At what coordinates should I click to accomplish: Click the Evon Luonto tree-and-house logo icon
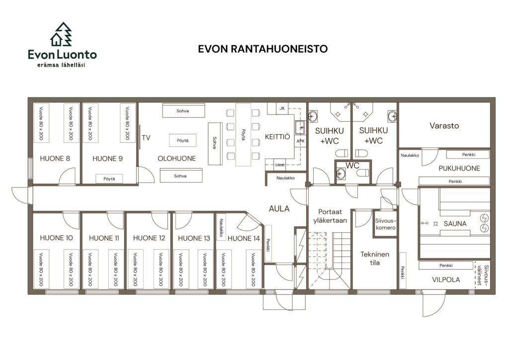pyautogui.click(x=61, y=34)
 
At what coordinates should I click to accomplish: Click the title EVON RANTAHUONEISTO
pyautogui.click(x=262, y=49)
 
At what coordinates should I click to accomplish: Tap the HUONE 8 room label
pyautogui.click(x=55, y=159)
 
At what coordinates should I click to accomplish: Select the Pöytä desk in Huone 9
pyautogui.click(x=109, y=179)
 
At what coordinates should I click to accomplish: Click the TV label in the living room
pyautogui.click(x=146, y=138)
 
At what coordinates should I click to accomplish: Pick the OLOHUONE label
pyautogui.click(x=176, y=159)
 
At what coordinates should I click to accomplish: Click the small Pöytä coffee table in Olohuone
pyautogui.click(x=182, y=141)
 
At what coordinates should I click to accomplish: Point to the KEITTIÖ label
pyautogui.click(x=277, y=137)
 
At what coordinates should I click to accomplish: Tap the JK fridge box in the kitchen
pyautogui.click(x=282, y=108)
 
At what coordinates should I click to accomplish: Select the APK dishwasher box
pyautogui.click(x=301, y=141)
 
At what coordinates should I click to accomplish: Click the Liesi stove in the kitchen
pyautogui.click(x=280, y=165)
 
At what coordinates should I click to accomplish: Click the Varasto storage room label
pyautogui.click(x=444, y=126)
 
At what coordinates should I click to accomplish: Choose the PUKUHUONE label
pyautogui.click(x=459, y=168)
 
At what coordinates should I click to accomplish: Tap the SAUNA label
pyautogui.click(x=455, y=224)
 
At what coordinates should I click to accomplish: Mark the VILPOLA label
pyautogui.click(x=446, y=279)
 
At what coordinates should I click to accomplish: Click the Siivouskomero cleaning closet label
pyautogui.click(x=385, y=224)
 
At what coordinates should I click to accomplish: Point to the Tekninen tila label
pyautogui.click(x=375, y=259)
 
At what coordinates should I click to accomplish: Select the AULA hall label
pyautogui.click(x=279, y=209)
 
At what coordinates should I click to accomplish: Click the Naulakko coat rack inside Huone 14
pyautogui.click(x=221, y=227)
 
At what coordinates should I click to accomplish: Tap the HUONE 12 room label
pyautogui.click(x=149, y=238)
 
